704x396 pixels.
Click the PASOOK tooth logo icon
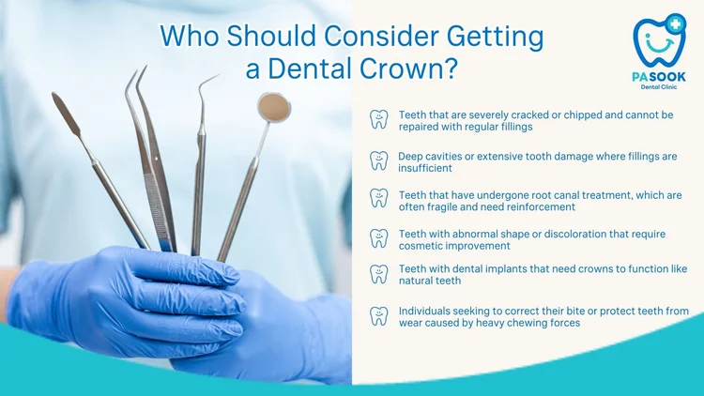tap(659, 41)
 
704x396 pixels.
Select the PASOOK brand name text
tap(659, 76)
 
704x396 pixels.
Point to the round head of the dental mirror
tap(273, 107)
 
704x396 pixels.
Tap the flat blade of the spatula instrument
tap(66, 113)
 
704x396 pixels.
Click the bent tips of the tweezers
tap(136, 79)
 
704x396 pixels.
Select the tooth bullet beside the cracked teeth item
tap(378, 119)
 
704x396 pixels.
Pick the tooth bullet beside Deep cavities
tap(378, 160)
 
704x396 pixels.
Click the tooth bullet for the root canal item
tap(378, 198)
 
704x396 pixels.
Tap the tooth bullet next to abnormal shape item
tap(378, 238)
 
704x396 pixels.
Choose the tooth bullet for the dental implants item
tap(378, 274)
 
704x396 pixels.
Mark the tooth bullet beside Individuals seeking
tap(378, 315)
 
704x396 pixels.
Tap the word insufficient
tap(425, 168)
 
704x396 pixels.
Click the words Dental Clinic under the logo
tap(659, 86)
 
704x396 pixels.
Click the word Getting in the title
tap(496, 37)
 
